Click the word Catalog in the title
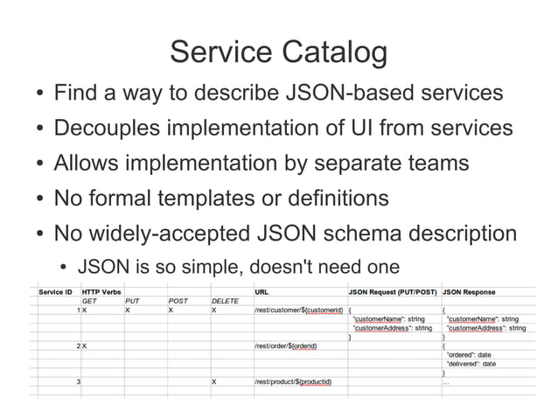[334, 52]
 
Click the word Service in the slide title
[220, 52]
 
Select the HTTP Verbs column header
[101, 292]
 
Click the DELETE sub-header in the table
[225, 301]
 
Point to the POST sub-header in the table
[178, 301]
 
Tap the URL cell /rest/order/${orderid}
[285, 346]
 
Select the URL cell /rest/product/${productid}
[292, 382]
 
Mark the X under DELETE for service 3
[214, 382]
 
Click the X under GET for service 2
[85, 346]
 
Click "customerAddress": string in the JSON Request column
[392, 328]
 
